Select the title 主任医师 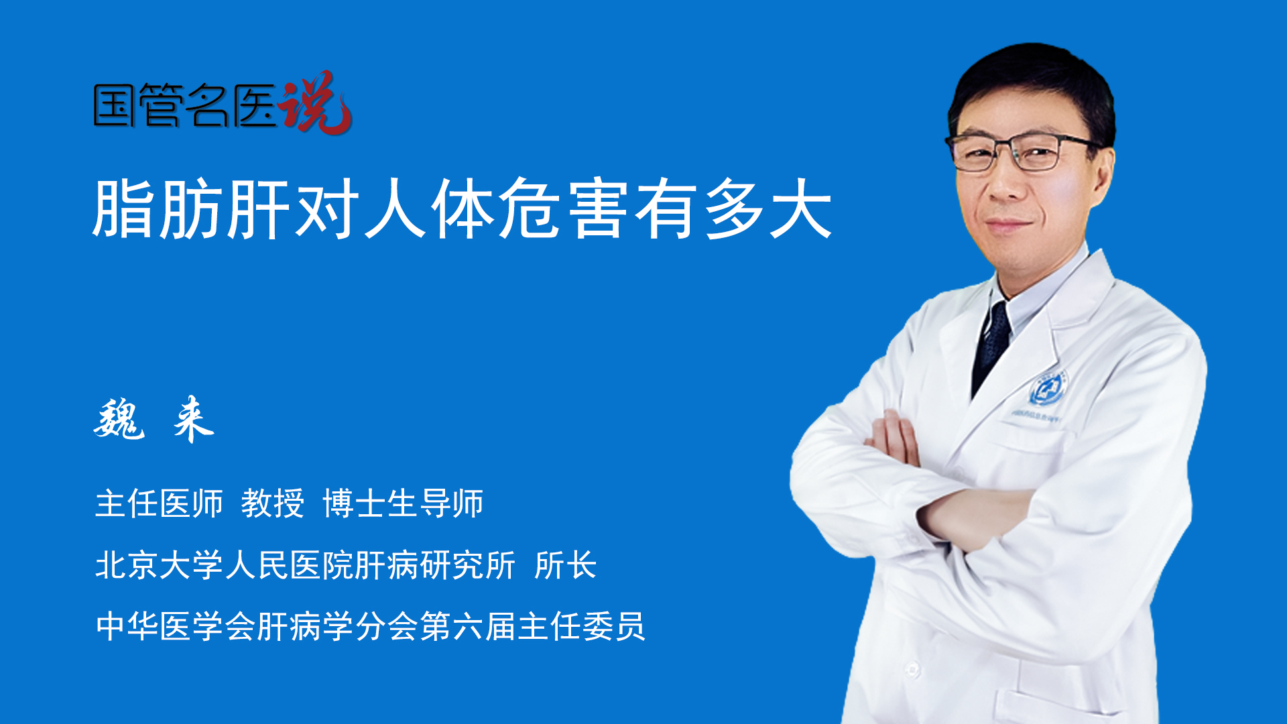(159, 503)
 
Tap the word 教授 (272, 503)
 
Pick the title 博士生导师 (403, 503)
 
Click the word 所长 (565, 565)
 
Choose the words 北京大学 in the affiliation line (159, 565)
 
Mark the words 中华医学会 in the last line (175, 627)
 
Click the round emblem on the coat (1047, 388)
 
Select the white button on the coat (912, 668)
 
